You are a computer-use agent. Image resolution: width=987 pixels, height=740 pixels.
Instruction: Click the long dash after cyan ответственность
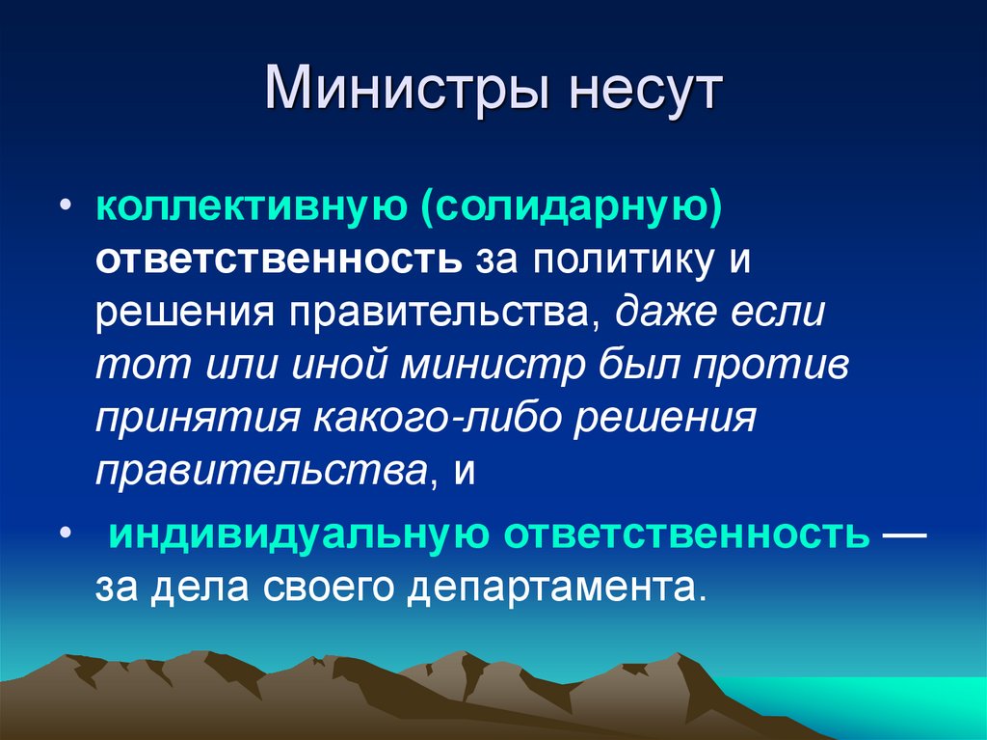coord(903,534)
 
